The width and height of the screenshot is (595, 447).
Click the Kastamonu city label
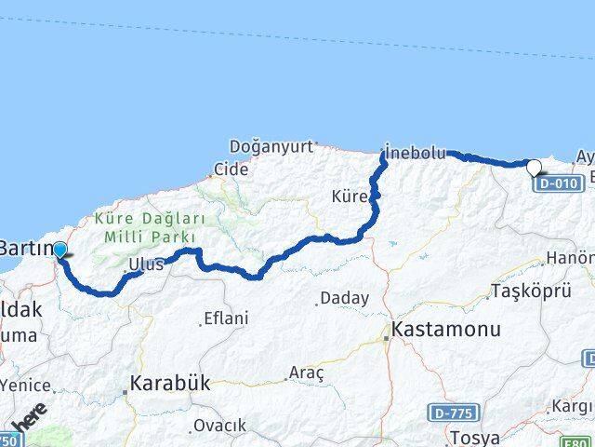[446, 330]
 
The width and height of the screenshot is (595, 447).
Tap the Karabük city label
[170, 382]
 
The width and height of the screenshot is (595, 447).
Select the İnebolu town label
[416, 153]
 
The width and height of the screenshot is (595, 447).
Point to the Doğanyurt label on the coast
[271, 146]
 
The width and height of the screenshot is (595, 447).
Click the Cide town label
[231, 169]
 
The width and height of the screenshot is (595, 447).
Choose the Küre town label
[350, 196]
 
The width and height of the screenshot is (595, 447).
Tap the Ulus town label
[147, 264]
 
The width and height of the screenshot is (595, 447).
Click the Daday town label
[344, 299]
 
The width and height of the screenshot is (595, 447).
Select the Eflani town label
[226, 318]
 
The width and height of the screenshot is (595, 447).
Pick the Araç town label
[306, 372]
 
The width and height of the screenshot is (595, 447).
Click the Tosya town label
[474, 437]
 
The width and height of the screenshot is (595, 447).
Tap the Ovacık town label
[219, 426]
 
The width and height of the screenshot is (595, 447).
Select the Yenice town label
[26, 384]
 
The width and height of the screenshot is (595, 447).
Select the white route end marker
[535, 169]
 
